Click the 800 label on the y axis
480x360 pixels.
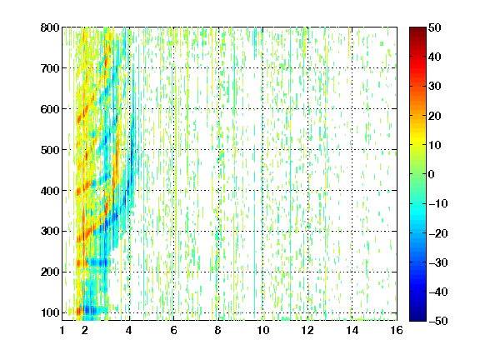point(50,27)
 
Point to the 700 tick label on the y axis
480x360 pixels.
point(50,68)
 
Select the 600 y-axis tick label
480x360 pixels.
point(50,109)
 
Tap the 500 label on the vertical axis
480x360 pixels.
point(50,150)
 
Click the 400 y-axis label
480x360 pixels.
point(50,191)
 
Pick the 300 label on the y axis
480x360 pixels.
point(50,231)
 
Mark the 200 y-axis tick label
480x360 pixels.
point(50,272)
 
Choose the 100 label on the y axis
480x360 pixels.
point(50,312)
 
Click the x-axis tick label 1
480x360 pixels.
point(62,330)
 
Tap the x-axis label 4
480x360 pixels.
point(129,330)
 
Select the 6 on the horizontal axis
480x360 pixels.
point(173,330)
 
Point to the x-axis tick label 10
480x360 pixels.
point(262,330)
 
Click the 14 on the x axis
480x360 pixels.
point(352,330)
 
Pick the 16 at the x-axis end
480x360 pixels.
point(397,330)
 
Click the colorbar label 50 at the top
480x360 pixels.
point(434,27)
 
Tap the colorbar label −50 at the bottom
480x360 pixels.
point(438,321)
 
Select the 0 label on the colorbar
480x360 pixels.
point(431,174)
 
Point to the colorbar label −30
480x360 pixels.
point(438,262)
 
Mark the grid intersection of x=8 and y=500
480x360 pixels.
point(218,150)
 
